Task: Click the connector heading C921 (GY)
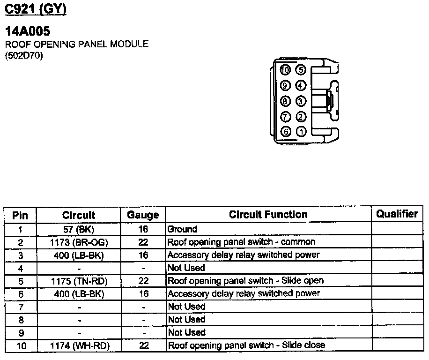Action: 35,9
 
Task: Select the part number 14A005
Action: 27,32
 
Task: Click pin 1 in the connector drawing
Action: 301,132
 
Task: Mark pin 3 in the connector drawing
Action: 301,101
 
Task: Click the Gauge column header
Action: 143,215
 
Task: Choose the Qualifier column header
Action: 397,214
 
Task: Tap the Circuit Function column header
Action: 268,215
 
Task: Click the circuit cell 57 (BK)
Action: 79,229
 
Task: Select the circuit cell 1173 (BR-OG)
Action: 79,242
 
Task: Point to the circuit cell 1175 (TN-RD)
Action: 79,281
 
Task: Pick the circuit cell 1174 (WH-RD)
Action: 79,345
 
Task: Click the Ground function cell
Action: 182,229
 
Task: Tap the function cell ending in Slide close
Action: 246,345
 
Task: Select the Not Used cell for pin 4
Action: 186,268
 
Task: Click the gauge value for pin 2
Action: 143,242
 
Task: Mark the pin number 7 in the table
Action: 20,307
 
